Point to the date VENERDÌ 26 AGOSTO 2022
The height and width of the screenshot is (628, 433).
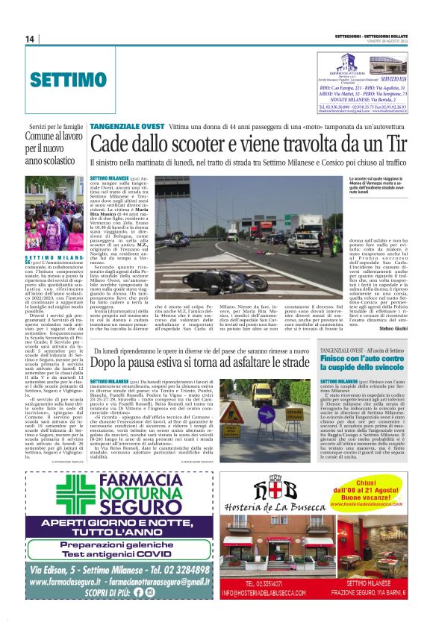click(x=386, y=43)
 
